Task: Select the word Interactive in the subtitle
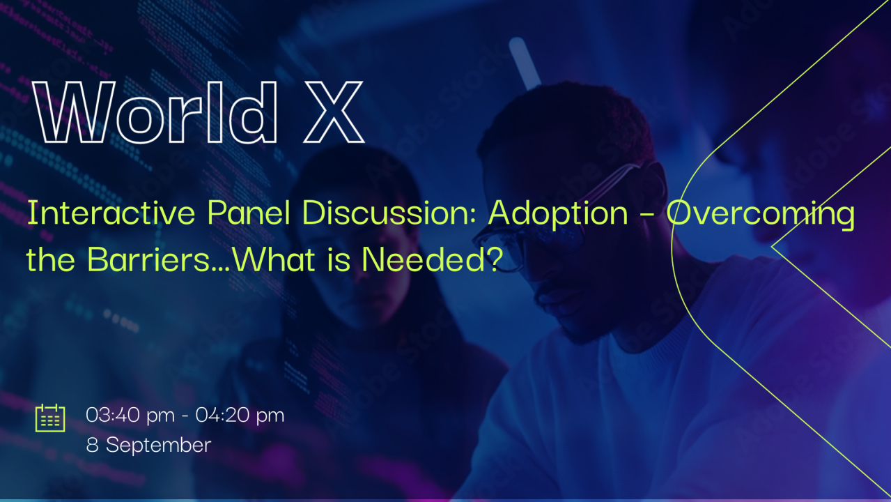click(x=111, y=213)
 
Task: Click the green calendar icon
click(x=50, y=418)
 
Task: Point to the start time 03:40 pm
click(x=130, y=416)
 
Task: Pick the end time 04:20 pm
click(x=240, y=416)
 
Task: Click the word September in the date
click(x=158, y=445)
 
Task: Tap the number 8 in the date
click(x=92, y=445)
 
